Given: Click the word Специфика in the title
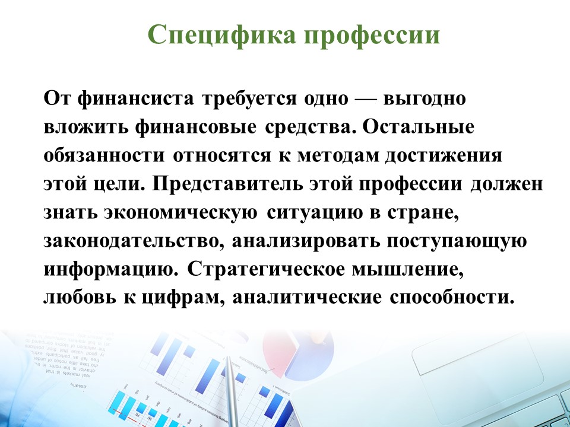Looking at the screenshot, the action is coord(221,35).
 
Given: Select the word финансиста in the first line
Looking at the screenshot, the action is coord(135,99).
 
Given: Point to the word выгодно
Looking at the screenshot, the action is coord(425,99).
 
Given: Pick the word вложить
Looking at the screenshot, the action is coord(85,128).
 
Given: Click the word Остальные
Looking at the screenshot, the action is coord(418,128).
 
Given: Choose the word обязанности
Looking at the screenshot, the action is coord(104,156).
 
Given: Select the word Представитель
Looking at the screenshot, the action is coord(227,183).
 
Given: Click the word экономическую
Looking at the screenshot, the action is coord(180,212).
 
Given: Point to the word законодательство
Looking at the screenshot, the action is coord(134,242).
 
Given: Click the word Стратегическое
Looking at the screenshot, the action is coord(265,270).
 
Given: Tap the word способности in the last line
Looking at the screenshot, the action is coord(452,297).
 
